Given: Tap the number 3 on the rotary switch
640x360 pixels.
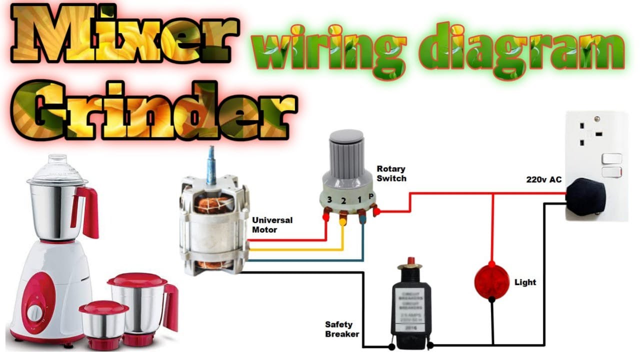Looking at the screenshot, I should [x=329, y=200].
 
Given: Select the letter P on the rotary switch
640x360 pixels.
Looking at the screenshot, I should [x=371, y=196].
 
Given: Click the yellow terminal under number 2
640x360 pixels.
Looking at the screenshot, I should [x=343, y=218].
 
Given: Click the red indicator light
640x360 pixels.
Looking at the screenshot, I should [x=491, y=281].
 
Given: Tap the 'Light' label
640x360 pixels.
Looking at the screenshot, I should [x=525, y=282].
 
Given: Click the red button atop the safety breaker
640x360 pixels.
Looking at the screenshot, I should [x=411, y=261].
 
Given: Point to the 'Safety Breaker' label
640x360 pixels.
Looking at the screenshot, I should [x=342, y=329].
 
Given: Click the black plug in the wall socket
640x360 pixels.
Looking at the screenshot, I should [x=586, y=196].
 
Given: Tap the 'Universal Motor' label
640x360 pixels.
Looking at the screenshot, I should [x=272, y=225].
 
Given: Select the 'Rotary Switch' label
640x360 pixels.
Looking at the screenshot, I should [x=391, y=173].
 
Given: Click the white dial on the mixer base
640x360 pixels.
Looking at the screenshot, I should [x=35, y=313].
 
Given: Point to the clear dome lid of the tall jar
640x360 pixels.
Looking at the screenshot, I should [x=57, y=168].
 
